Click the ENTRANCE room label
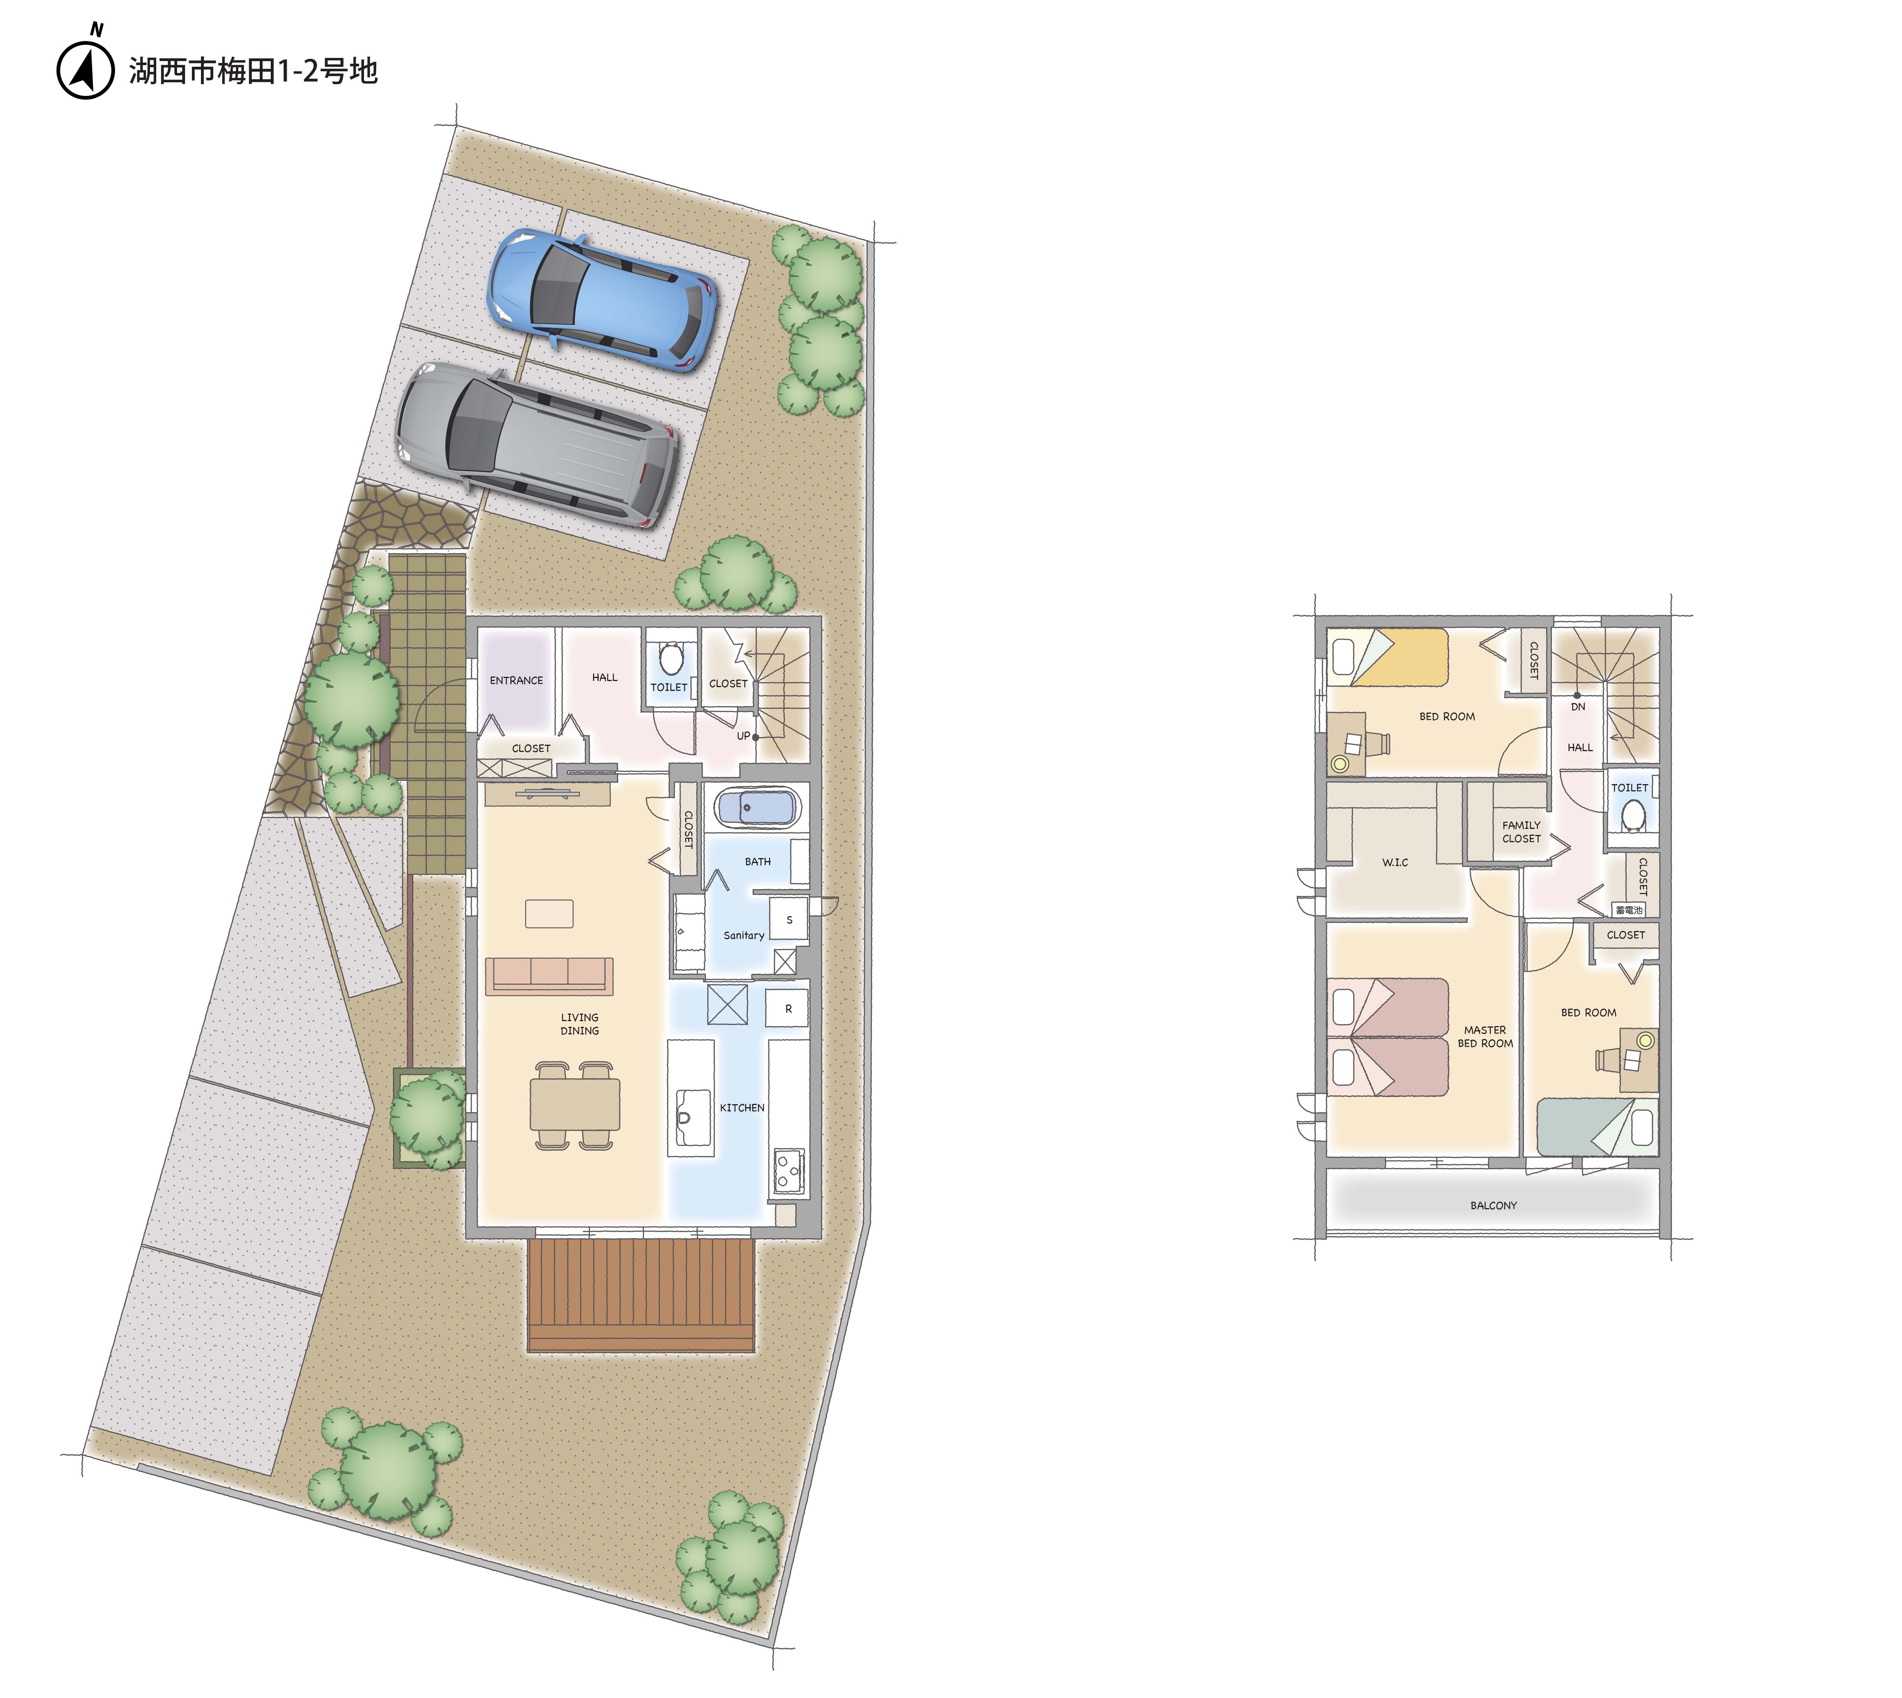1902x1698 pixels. click(516, 680)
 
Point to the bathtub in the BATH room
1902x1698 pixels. click(758, 807)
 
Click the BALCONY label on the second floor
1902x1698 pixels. click(1494, 1205)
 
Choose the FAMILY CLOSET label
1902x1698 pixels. click(1521, 831)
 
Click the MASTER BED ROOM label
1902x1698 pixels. click(1485, 1037)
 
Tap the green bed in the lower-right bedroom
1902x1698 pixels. click(1596, 1126)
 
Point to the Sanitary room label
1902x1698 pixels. click(744, 935)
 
